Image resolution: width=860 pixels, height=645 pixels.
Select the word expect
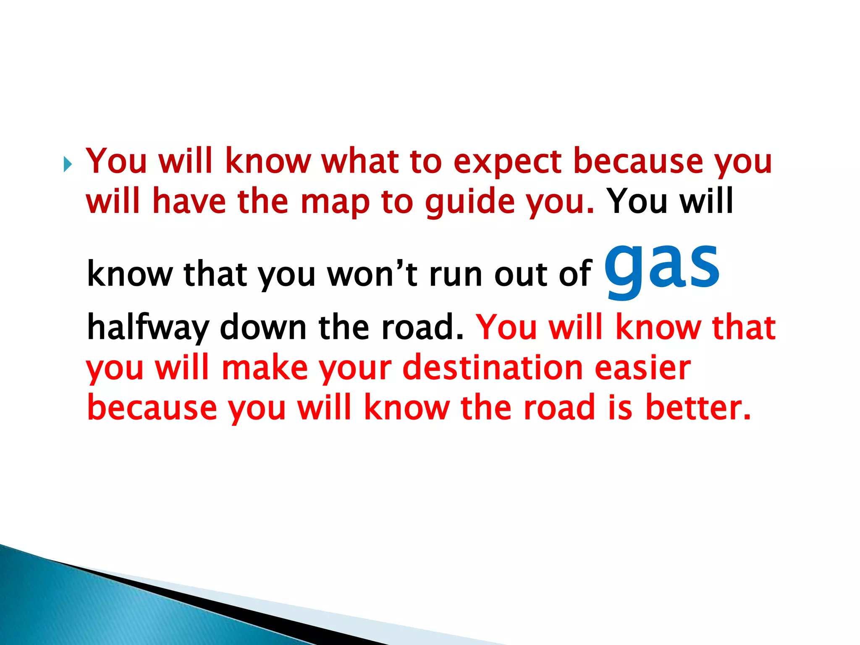(507, 161)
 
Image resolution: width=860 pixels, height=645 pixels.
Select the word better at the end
(697, 407)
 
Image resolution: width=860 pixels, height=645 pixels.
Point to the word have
(189, 202)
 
